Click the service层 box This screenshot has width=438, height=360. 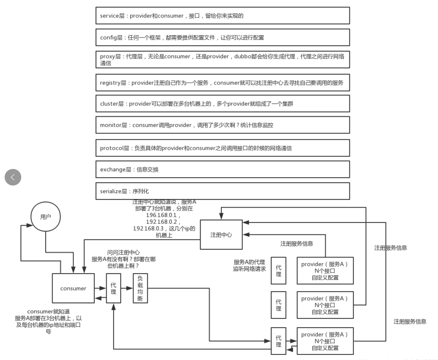pos(223,16)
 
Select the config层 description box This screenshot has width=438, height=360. pos(223,37)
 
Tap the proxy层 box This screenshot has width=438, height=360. pos(223,60)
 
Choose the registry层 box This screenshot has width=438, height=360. pos(223,83)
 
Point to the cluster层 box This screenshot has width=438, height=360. pos(223,104)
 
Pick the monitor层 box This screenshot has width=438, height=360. pos(223,125)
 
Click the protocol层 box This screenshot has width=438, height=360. pos(223,148)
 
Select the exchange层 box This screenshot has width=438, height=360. pos(223,169)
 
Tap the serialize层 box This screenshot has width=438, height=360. pos(223,191)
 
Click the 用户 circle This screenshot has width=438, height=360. pos(45,217)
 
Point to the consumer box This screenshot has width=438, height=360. pos(73,288)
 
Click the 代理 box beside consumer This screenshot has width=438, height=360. pos(113,288)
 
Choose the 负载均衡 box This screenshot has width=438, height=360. pos(140,288)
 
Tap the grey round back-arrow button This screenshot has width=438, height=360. pos(13,177)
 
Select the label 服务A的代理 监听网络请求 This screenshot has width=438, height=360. pos(250,265)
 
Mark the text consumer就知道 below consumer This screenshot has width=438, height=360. pos(49,312)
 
